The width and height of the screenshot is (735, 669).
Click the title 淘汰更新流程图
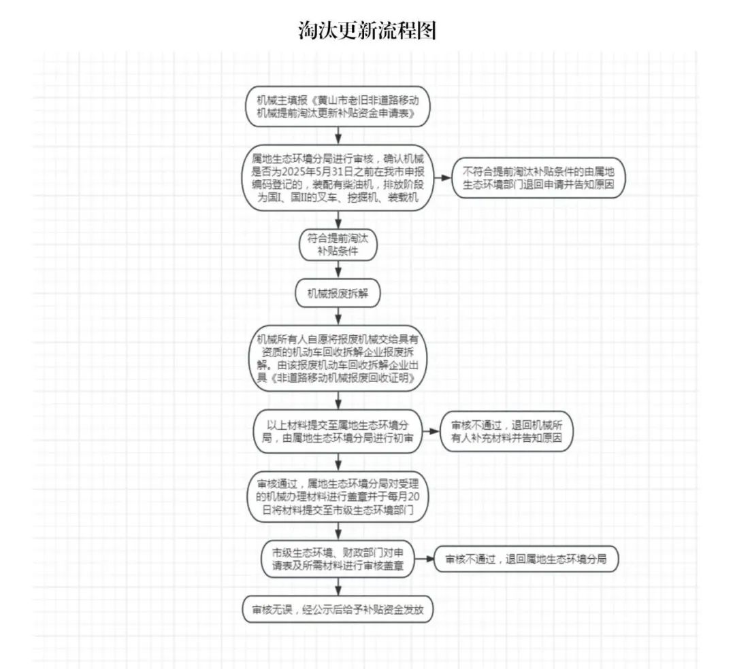click(367, 31)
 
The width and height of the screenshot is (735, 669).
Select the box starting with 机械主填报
click(338, 106)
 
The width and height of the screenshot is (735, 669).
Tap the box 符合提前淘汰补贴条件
click(338, 244)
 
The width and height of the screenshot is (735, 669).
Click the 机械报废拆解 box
click(338, 294)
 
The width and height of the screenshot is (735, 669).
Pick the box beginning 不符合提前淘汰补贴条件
click(538, 178)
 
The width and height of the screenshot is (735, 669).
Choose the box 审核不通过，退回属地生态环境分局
click(526, 559)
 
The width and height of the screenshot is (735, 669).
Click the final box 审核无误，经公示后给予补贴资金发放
click(338, 610)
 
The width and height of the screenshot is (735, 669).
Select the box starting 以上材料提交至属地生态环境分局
click(338, 431)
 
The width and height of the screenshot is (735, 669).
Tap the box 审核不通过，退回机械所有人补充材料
click(506, 431)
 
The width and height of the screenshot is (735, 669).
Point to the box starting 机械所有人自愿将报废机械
click(338, 358)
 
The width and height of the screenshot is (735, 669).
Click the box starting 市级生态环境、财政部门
click(338, 559)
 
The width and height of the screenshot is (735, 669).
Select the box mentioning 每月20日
click(338, 497)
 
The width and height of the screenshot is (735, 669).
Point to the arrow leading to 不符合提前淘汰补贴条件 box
click(442, 178)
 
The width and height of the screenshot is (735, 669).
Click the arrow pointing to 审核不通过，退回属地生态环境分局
click(425, 559)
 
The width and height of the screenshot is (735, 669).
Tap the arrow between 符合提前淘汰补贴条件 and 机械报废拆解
click(338, 270)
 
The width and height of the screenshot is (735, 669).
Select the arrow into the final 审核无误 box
click(338, 587)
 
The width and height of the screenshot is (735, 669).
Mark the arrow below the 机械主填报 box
click(338, 135)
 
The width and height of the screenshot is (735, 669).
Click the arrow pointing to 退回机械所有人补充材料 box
click(431, 431)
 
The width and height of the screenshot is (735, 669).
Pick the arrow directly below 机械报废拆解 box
click(338, 316)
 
